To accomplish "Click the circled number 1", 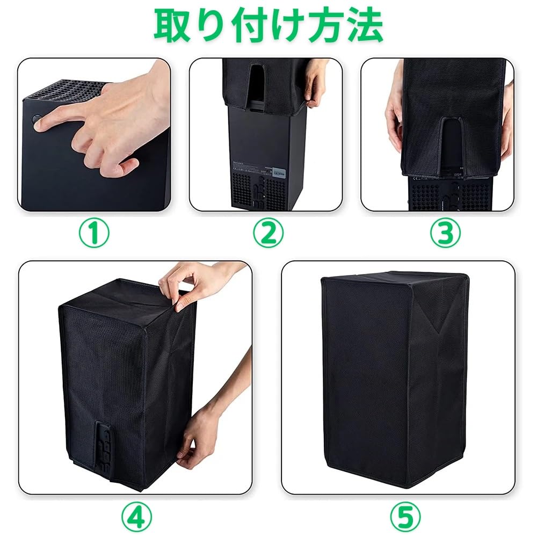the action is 94,233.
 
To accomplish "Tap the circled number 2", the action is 268,233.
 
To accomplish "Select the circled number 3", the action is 445,233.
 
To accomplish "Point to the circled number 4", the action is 136,516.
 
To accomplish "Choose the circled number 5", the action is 405,516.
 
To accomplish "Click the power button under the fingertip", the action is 35,120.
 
